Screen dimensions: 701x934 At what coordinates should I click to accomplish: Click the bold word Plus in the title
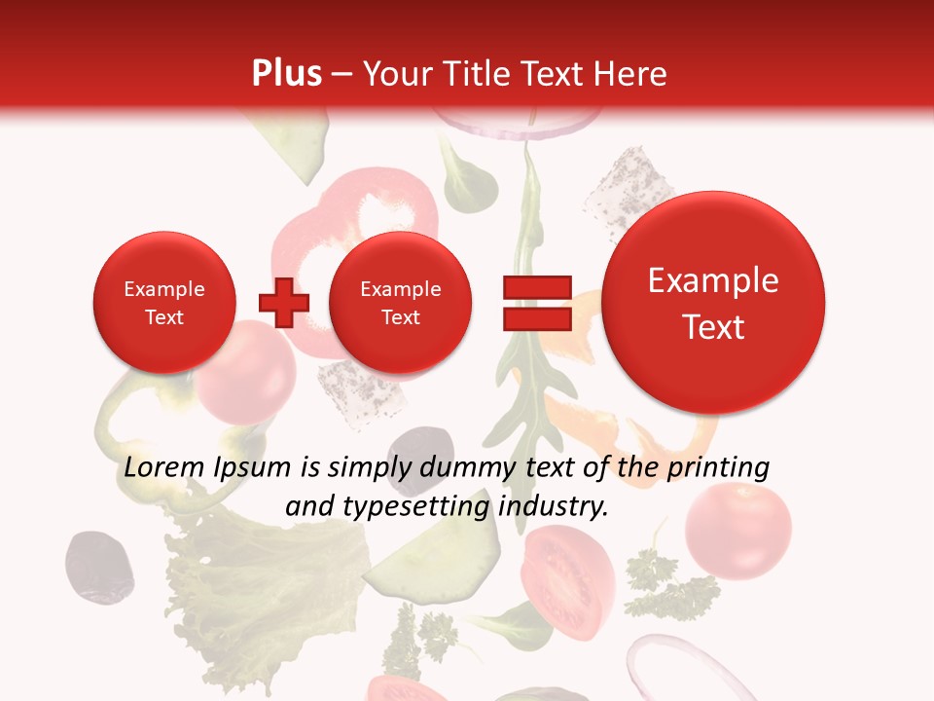pyautogui.click(x=286, y=74)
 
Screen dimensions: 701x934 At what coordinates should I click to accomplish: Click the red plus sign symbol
pyautogui.click(x=283, y=303)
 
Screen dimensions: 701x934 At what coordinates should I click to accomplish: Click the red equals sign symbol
pyautogui.click(x=536, y=303)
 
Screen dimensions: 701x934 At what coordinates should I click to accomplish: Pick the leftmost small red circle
pyautogui.click(x=163, y=303)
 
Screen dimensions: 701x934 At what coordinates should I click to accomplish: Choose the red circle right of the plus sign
pyautogui.click(x=400, y=303)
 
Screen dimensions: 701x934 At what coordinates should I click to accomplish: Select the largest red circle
pyautogui.click(x=713, y=303)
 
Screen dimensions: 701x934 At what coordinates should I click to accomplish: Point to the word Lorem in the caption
pyautogui.click(x=164, y=467)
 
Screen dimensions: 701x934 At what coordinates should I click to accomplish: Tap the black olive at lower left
pyautogui.click(x=98, y=564)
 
